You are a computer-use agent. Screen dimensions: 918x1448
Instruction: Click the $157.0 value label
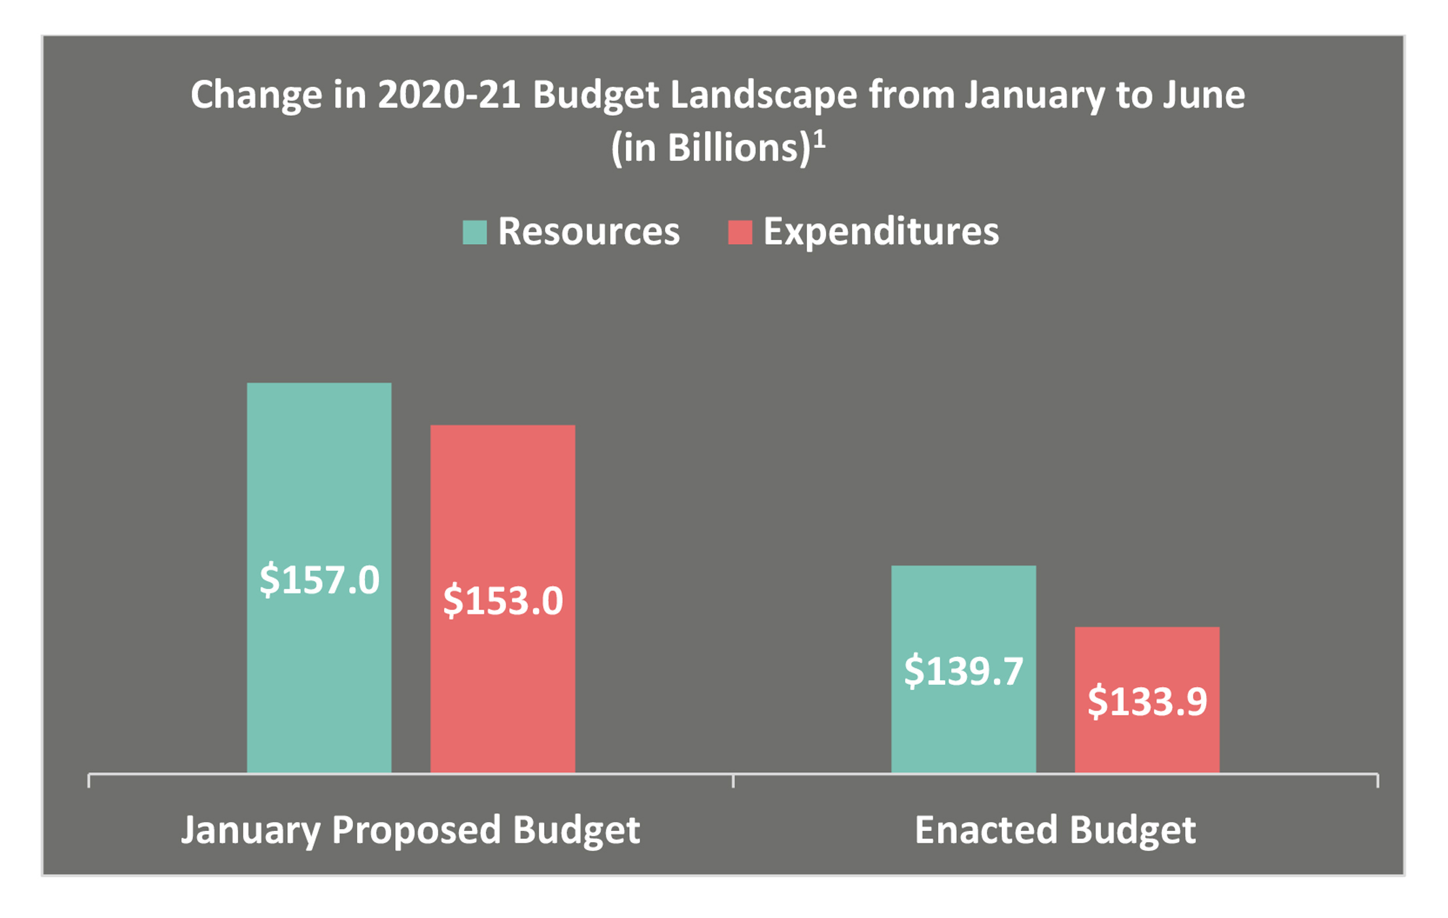(319, 580)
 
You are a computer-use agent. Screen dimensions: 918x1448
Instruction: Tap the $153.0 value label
(502, 601)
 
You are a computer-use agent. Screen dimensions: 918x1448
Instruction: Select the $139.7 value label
(963, 671)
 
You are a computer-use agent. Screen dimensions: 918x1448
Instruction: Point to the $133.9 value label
(1147, 701)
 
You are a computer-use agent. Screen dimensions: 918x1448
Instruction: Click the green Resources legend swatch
(474, 232)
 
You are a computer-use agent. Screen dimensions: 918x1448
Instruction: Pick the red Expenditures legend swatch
(740, 232)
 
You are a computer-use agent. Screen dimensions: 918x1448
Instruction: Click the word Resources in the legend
(589, 232)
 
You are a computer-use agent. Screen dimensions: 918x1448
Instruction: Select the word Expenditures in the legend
(881, 232)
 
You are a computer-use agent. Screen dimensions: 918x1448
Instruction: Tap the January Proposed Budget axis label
(410, 830)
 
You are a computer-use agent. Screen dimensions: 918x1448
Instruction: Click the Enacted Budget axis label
(1055, 830)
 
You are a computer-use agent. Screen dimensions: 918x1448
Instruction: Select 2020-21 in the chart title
(449, 96)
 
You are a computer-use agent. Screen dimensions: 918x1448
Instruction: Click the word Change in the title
(256, 96)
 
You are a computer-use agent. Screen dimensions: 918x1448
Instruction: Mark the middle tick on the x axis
(733, 780)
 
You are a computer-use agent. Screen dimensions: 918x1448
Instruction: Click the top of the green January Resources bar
(319, 384)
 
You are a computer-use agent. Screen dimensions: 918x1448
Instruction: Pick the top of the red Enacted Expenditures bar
(1147, 628)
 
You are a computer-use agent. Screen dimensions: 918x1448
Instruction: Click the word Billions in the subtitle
(735, 148)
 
